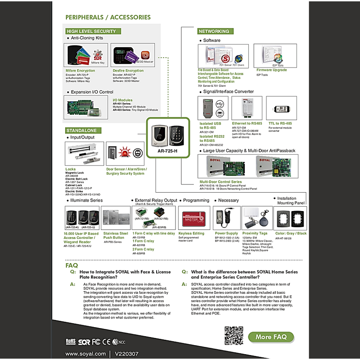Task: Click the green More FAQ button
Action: click(x=271, y=337)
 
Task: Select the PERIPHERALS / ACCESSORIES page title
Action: click(x=108, y=17)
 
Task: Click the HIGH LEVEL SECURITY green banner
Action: click(x=91, y=31)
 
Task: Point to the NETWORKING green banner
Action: click(x=214, y=31)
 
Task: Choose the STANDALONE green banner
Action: click(x=81, y=130)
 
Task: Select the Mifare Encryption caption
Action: click(x=81, y=71)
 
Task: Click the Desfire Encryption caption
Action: click(x=128, y=71)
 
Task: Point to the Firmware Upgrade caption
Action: click(x=271, y=70)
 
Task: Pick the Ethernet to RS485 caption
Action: click(x=247, y=123)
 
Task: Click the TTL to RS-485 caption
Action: click(x=280, y=123)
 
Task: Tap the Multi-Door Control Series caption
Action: click(x=220, y=182)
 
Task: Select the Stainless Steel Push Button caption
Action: click(x=116, y=235)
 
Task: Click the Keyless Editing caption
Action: click(x=191, y=234)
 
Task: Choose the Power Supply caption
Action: click(x=226, y=234)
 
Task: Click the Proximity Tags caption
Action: click(x=255, y=234)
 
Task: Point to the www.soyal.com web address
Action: click(x=85, y=354)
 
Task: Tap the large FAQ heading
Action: click(x=72, y=265)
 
